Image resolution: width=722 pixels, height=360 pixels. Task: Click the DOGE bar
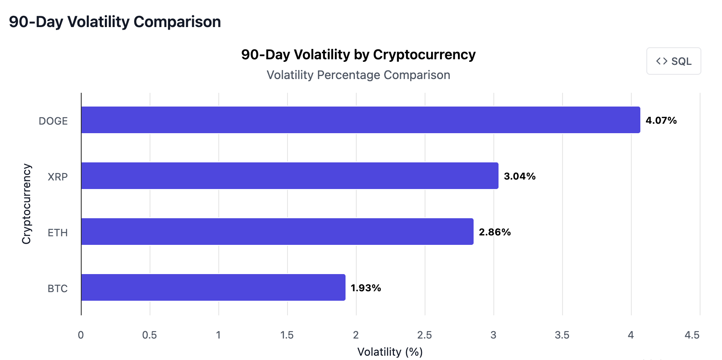[360, 120]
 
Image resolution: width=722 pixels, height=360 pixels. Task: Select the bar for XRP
[289, 176]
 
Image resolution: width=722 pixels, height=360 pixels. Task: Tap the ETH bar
[277, 232]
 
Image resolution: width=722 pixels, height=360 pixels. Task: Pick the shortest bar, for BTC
[213, 287]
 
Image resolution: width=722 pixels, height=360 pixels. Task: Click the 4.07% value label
[661, 120]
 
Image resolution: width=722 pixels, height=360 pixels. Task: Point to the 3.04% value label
[520, 176]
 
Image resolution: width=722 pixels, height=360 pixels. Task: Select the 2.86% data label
[495, 232]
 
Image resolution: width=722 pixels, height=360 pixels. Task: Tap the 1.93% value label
[366, 288]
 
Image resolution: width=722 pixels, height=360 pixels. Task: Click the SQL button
[673, 61]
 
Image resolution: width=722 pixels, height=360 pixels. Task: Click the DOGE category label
[53, 121]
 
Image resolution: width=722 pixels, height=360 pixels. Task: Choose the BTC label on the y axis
[58, 289]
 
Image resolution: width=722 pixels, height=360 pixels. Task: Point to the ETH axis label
[58, 233]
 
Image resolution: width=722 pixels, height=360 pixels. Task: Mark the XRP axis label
[58, 177]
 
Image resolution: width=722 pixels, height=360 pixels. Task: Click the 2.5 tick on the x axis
[425, 335]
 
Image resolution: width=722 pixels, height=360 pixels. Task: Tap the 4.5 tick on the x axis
[691, 335]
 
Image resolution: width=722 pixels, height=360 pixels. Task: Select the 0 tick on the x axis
[81, 335]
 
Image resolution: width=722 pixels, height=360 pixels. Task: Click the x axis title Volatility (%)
[390, 352]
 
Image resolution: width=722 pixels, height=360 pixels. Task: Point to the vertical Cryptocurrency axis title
[27, 204]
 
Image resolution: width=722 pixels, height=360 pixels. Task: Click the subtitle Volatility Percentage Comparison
[358, 75]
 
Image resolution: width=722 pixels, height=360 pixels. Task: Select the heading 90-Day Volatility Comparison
[115, 21]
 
